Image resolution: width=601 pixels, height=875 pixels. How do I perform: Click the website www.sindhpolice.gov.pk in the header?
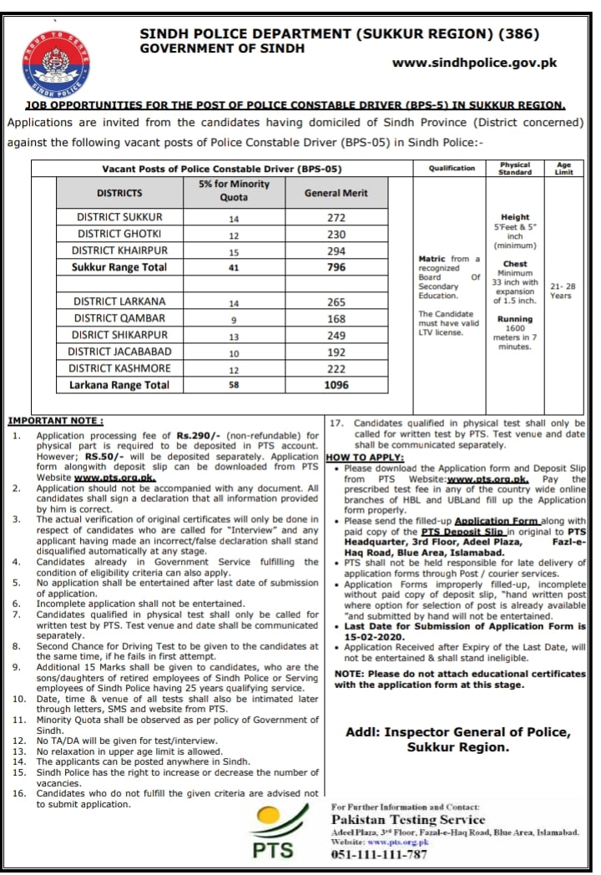[x=474, y=63]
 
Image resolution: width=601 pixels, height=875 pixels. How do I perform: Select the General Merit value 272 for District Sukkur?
[x=336, y=217]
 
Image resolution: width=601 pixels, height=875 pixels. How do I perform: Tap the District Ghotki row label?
[x=119, y=234]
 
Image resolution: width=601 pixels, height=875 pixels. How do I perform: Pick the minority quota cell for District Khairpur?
[x=234, y=251]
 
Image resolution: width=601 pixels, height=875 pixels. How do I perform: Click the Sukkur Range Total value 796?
[x=336, y=268]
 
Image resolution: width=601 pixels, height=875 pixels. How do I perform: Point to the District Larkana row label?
[x=119, y=301]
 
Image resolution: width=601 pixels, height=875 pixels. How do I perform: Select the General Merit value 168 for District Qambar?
[x=336, y=318]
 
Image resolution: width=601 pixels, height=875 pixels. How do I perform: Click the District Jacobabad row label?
[x=119, y=352]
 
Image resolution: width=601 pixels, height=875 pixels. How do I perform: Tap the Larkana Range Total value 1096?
[x=336, y=385]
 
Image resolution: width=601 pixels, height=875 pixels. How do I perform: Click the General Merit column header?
[x=336, y=193]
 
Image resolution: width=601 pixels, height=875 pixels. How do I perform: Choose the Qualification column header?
[x=452, y=168]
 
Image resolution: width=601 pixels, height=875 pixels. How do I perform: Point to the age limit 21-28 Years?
[x=562, y=291]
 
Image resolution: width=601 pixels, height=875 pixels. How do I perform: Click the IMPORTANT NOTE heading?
[x=56, y=420]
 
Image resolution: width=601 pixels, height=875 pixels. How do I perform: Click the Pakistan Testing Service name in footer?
[x=408, y=821]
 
